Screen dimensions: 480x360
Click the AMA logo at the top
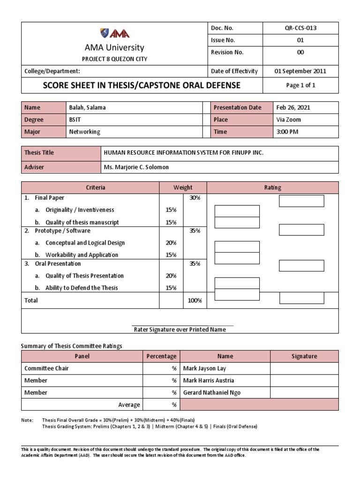tap(114, 33)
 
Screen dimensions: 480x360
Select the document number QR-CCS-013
tap(300, 28)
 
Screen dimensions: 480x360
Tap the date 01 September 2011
tap(300, 71)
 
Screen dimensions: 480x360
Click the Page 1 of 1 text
tap(300, 85)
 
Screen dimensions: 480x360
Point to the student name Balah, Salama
tap(87, 107)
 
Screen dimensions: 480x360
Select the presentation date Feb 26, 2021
tap(293, 107)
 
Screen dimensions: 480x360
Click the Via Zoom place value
tap(289, 120)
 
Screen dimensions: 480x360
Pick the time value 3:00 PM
tap(287, 132)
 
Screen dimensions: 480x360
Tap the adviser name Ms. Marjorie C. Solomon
tap(136, 167)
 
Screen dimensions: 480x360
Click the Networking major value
tap(84, 132)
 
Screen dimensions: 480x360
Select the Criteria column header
tap(95, 187)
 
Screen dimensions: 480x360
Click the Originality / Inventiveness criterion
tap(80, 210)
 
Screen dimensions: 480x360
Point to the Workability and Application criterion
tap(82, 255)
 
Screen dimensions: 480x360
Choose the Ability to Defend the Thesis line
tap(82, 288)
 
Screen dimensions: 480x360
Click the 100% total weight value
tap(195, 300)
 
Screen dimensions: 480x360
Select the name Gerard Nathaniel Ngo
tap(211, 393)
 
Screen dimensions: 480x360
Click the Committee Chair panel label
tap(46, 368)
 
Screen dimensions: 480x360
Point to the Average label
tap(129, 405)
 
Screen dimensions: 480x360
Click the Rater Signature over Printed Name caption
tap(180, 330)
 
